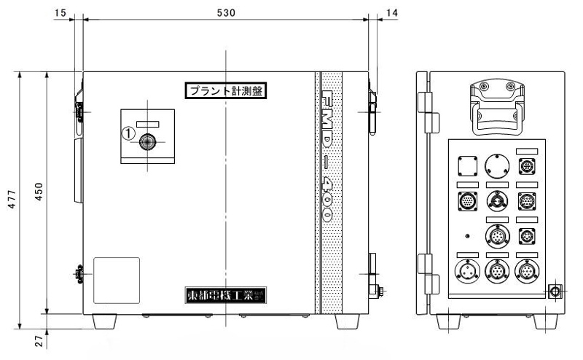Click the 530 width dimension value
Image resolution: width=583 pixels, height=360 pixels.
click(227, 13)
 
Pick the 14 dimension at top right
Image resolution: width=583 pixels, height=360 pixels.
click(394, 13)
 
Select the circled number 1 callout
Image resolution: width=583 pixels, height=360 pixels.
click(127, 134)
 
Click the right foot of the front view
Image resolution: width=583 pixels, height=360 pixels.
click(348, 321)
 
